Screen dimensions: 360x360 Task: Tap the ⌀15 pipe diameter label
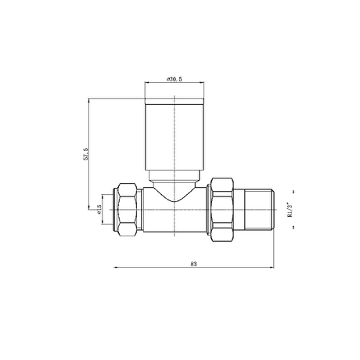coord(99,210)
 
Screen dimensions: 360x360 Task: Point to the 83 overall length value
coord(193,264)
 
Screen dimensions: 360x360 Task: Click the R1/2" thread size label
coord(289,209)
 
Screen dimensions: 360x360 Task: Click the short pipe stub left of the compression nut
coord(112,210)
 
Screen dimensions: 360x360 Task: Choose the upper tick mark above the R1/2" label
coord(289,191)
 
